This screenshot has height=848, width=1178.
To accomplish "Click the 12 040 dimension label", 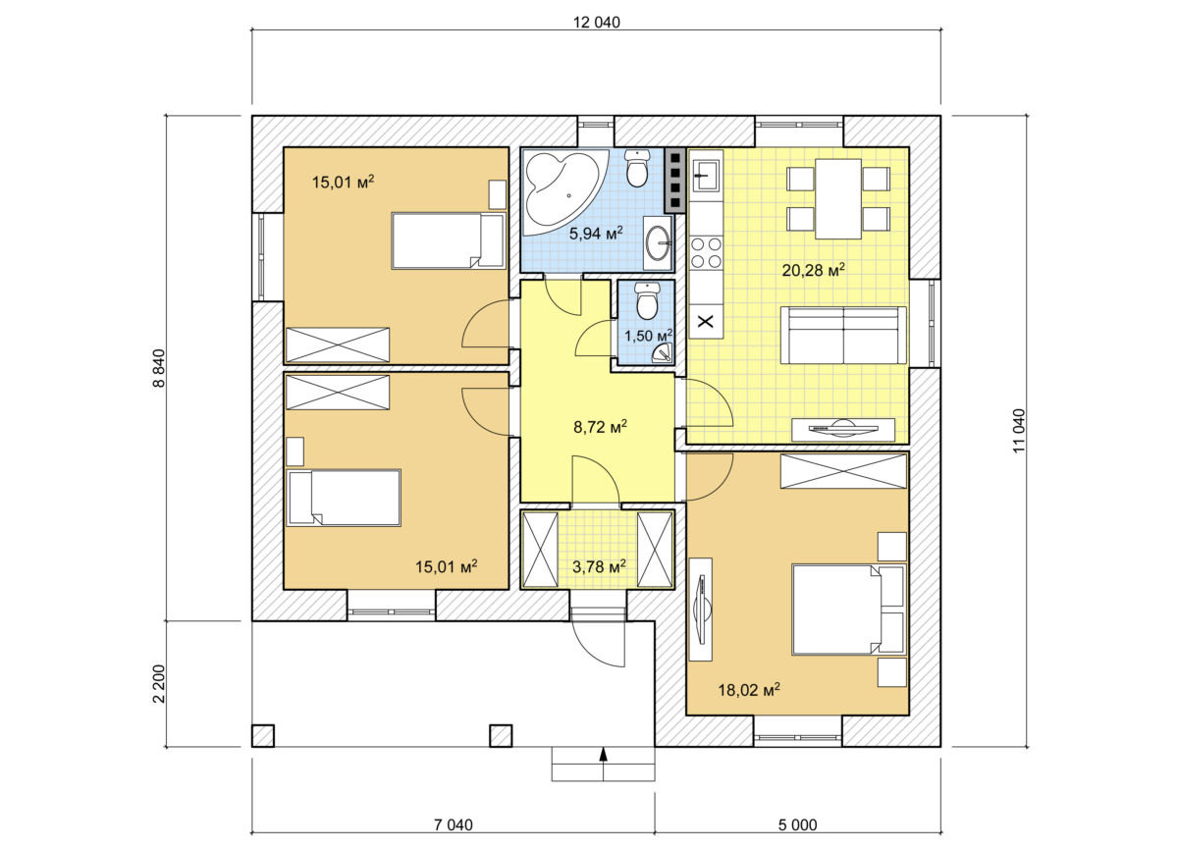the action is click(597, 23).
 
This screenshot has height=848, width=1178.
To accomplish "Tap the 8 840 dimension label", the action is click(159, 368).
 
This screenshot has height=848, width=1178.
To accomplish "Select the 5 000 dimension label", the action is click(798, 824).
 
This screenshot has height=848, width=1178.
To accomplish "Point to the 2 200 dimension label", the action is click(159, 683).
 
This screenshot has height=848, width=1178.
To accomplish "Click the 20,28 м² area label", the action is click(813, 270).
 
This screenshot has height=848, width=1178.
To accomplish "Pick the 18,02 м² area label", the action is click(749, 689).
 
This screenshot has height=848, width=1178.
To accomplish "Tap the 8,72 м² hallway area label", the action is click(600, 426).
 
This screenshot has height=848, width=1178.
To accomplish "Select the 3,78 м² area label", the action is click(599, 566).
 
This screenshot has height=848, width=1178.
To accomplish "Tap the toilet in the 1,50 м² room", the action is click(647, 299).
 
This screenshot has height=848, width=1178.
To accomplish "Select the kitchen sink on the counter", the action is click(705, 175).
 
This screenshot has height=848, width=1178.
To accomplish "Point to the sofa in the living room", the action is click(843, 335).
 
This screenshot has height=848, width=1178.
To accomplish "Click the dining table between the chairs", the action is click(838, 198).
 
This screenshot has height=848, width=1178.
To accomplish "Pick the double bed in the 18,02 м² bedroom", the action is click(848, 609).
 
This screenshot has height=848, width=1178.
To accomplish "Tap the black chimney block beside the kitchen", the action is click(675, 180).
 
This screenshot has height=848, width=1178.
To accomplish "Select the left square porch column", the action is click(262, 735).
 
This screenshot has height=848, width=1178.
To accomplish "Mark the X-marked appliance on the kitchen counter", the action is click(706, 321).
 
